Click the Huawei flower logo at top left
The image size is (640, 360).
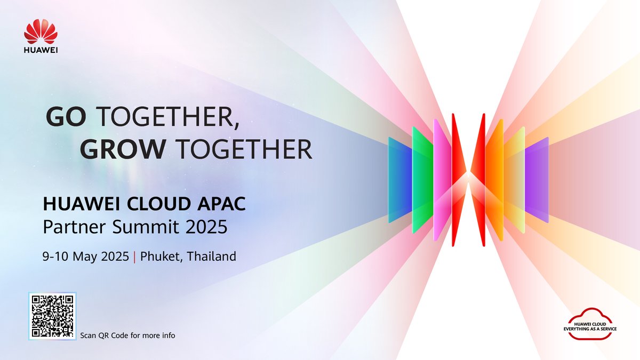click(x=41, y=31)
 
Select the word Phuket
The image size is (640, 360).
click(x=157, y=257)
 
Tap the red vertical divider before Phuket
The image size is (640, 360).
click(x=134, y=257)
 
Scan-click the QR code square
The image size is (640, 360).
click(x=52, y=316)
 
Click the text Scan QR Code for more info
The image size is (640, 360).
click(x=127, y=335)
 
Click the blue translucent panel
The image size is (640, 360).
click(x=399, y=179)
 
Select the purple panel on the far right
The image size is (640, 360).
click(x=537, y=179)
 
